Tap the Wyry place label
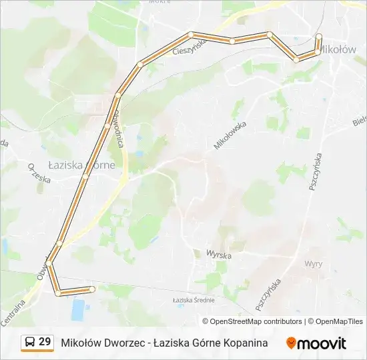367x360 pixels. pyautogui.click(x=313, y=263)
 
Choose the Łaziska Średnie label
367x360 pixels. pyautogui.click(x=194, y=300)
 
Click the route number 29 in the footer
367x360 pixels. pyautogui.click(x=45, y=342)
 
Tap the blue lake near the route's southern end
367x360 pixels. pyautogui.click(x=79, y=309)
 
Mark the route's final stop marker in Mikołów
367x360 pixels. pyautogui.click(x=319, y=37)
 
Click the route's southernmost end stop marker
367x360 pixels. pyautogui.click(x=92, y=289)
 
